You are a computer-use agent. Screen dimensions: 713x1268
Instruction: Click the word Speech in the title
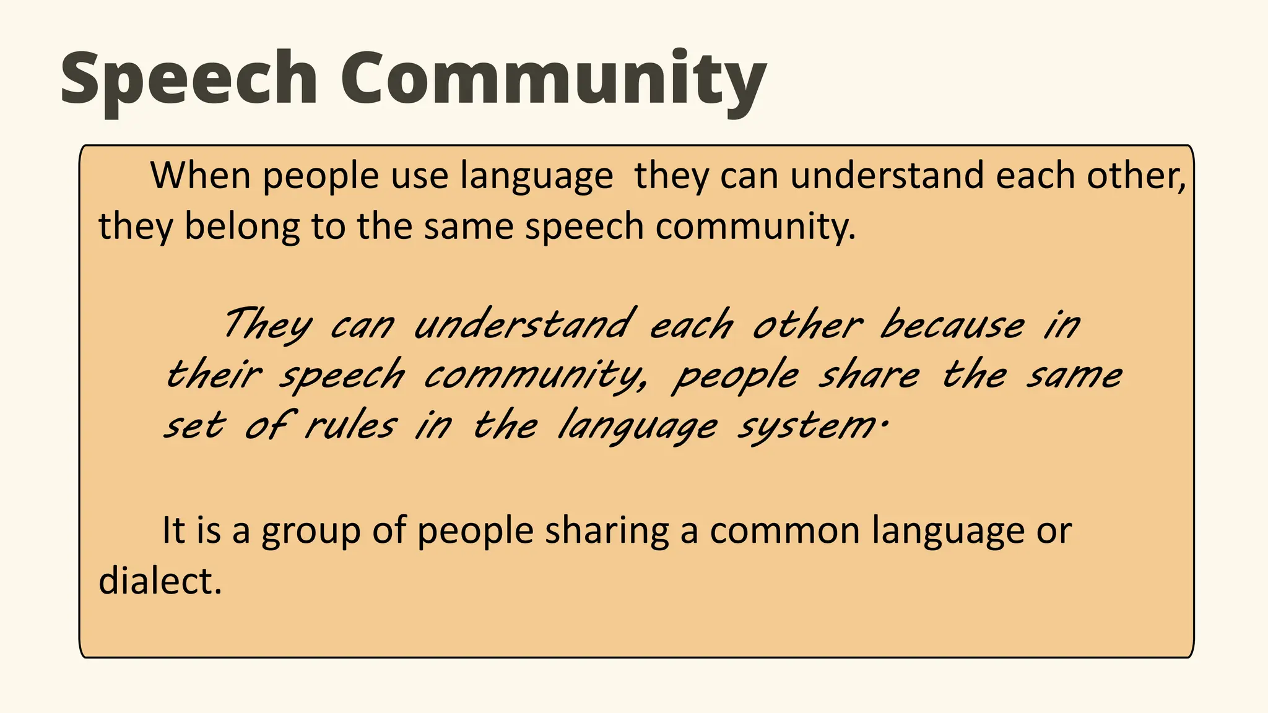[189, 80]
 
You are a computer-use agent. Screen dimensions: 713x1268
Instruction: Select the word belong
[241, 227]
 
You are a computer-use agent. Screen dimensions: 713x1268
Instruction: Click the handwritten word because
[952, 325]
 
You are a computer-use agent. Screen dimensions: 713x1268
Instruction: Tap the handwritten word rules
[350, 426]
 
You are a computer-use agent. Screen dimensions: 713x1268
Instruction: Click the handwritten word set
[193, 426]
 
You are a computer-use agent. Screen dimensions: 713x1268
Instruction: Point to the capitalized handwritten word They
[266, 325]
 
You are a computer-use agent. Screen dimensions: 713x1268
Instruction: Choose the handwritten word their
[214, 376]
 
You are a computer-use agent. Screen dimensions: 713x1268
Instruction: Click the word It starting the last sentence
[173, 531]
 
